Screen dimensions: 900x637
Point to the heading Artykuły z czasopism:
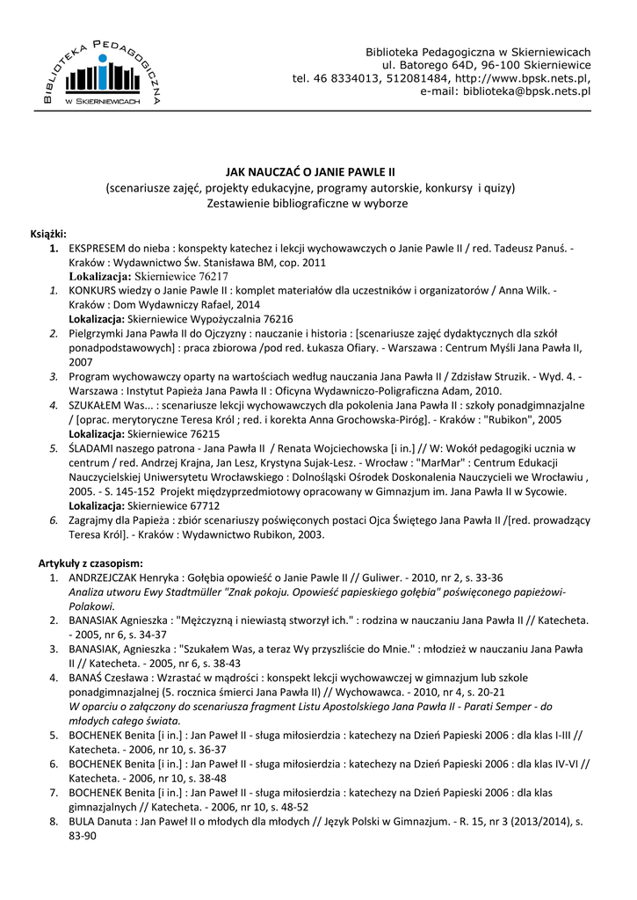click(x=90, y=562)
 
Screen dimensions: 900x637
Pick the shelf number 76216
click(x=275, y=319)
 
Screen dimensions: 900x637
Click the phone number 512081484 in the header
click(x=415, y=78)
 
